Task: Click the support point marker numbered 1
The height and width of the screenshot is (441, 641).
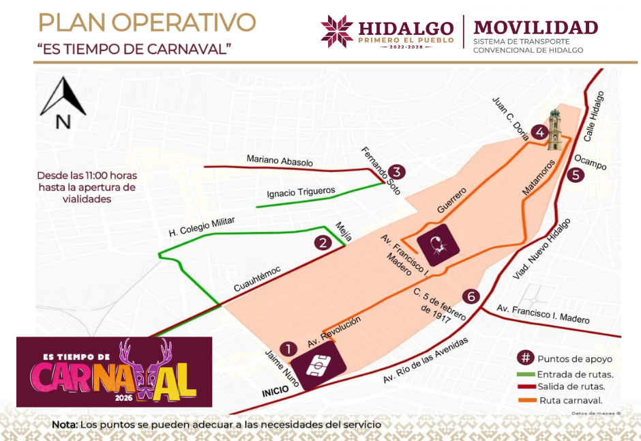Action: (289, 349)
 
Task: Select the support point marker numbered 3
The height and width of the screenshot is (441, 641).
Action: (398, 173)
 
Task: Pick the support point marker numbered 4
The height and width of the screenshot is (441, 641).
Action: (540, 132)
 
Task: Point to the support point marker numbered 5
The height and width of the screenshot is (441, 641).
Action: (576, 175)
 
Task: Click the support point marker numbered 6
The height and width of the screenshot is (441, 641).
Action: (471, 296)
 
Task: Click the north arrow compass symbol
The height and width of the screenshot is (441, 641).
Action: (63, 104)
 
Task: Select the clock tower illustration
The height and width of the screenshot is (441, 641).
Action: (557, 130)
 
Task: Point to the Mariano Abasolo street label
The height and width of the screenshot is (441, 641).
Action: (280, 162)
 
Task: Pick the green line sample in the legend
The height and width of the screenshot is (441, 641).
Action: (526, 373)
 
